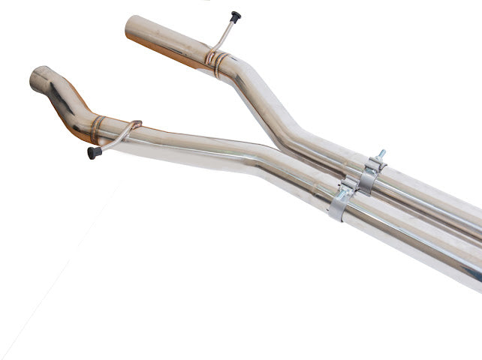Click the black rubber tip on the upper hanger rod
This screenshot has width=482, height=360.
tap(236, 16)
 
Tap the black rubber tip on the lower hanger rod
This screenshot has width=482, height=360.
tap(94, 152)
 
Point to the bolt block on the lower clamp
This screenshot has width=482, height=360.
tap(348, 185)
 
